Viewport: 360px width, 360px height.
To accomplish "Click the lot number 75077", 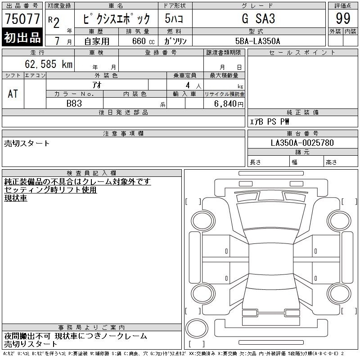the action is tap(22, 18).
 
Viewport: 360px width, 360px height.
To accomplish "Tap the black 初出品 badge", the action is tap(22, 37).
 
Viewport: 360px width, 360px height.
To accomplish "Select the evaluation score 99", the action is tap(343, 18).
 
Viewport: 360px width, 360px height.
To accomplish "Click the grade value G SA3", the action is tap(258, 18).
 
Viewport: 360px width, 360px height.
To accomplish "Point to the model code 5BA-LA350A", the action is tap(257, 41).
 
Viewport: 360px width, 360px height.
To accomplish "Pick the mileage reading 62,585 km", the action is tap(49, 64).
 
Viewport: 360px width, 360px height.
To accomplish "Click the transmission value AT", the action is tap(13, 94).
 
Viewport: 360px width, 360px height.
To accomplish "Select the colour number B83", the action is tap(74, 103).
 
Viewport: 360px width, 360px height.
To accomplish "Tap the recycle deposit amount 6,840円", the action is tap(229, 104).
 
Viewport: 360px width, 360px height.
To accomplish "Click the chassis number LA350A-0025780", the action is tap(302, 143).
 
